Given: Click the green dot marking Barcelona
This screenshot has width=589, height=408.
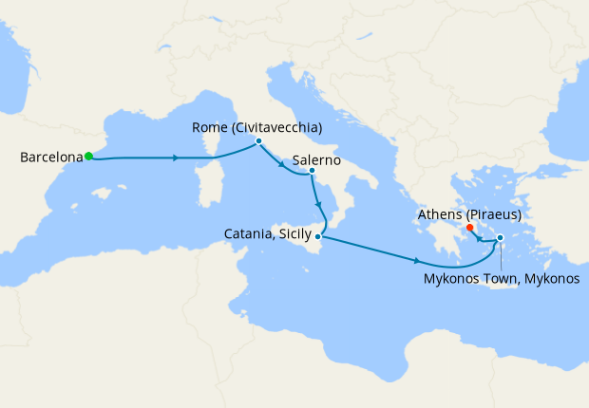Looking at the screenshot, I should pos(88,156).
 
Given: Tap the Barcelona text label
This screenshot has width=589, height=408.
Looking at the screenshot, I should pos(49,158).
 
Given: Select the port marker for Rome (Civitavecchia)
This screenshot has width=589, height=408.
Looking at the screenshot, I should pos(258,140).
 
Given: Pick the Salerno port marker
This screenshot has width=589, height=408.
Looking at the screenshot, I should pos(313,171).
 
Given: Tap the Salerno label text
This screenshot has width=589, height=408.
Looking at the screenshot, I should pos(317,159).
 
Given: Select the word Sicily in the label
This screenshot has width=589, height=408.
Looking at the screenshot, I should pos(295,232).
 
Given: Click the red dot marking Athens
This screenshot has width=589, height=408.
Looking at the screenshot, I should pos(469,228).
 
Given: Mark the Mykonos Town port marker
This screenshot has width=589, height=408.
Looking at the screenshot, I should pos(500,250).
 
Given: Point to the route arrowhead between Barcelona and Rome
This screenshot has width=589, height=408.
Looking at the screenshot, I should pos(177,158).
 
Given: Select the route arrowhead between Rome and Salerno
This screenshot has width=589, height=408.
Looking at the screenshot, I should pos(282,165).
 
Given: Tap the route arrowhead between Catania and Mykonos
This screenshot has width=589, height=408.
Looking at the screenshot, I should pos(417,260).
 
